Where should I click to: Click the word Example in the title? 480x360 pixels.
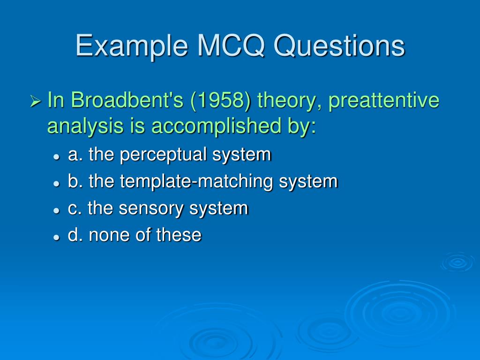(x=132, y=46)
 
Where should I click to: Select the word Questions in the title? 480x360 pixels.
(x=339, y=45)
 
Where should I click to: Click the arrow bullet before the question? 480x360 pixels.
(x=36, y=101)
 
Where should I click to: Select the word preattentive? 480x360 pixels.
(x=384, y=101)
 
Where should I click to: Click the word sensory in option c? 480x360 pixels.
(x=150, y=209)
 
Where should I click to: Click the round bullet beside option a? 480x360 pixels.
(x=56, y=157)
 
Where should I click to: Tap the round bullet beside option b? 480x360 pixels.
(x=56, y=183)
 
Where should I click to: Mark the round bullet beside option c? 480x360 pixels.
(x=56, y=210)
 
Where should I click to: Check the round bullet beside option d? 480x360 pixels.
(x=56, y=237)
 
